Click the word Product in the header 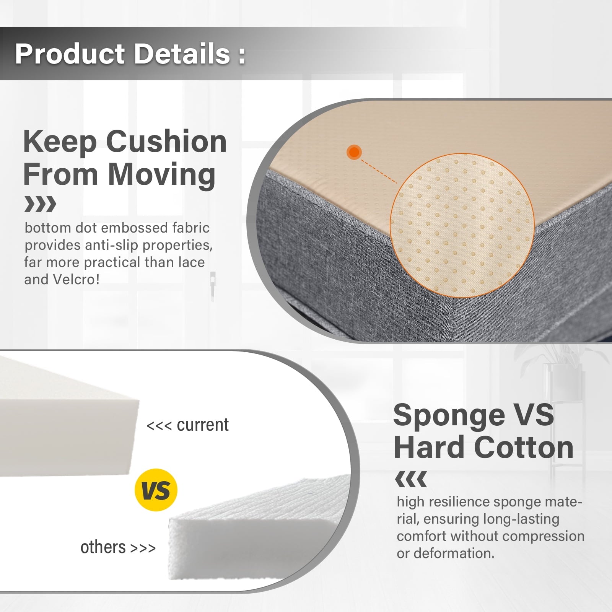[70, 54]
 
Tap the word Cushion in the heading [166, 141]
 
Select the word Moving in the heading [162, 174]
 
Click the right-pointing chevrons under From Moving [40, 204]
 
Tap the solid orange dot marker [354, 152]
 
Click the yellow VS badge [156, 490]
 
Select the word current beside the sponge [203, 425]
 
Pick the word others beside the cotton [103, 547]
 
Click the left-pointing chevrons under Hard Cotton [411, 479]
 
